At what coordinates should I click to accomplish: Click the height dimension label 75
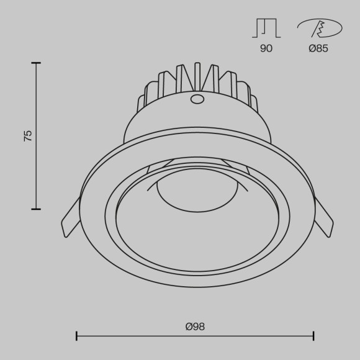[28, 136]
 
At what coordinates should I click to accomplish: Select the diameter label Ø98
[195, 326]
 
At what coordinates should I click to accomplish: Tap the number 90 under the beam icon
[266, 48]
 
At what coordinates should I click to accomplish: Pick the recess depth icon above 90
[266, 28]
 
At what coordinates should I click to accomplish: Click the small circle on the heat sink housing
[197, 99]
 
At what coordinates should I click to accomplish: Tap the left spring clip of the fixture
[70, 218]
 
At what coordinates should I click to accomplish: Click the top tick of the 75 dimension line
[36, 63]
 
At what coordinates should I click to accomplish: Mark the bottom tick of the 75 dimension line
[36, 209]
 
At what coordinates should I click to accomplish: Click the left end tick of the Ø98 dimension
[76, 336]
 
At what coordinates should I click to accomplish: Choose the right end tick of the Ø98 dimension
[313, 336]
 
